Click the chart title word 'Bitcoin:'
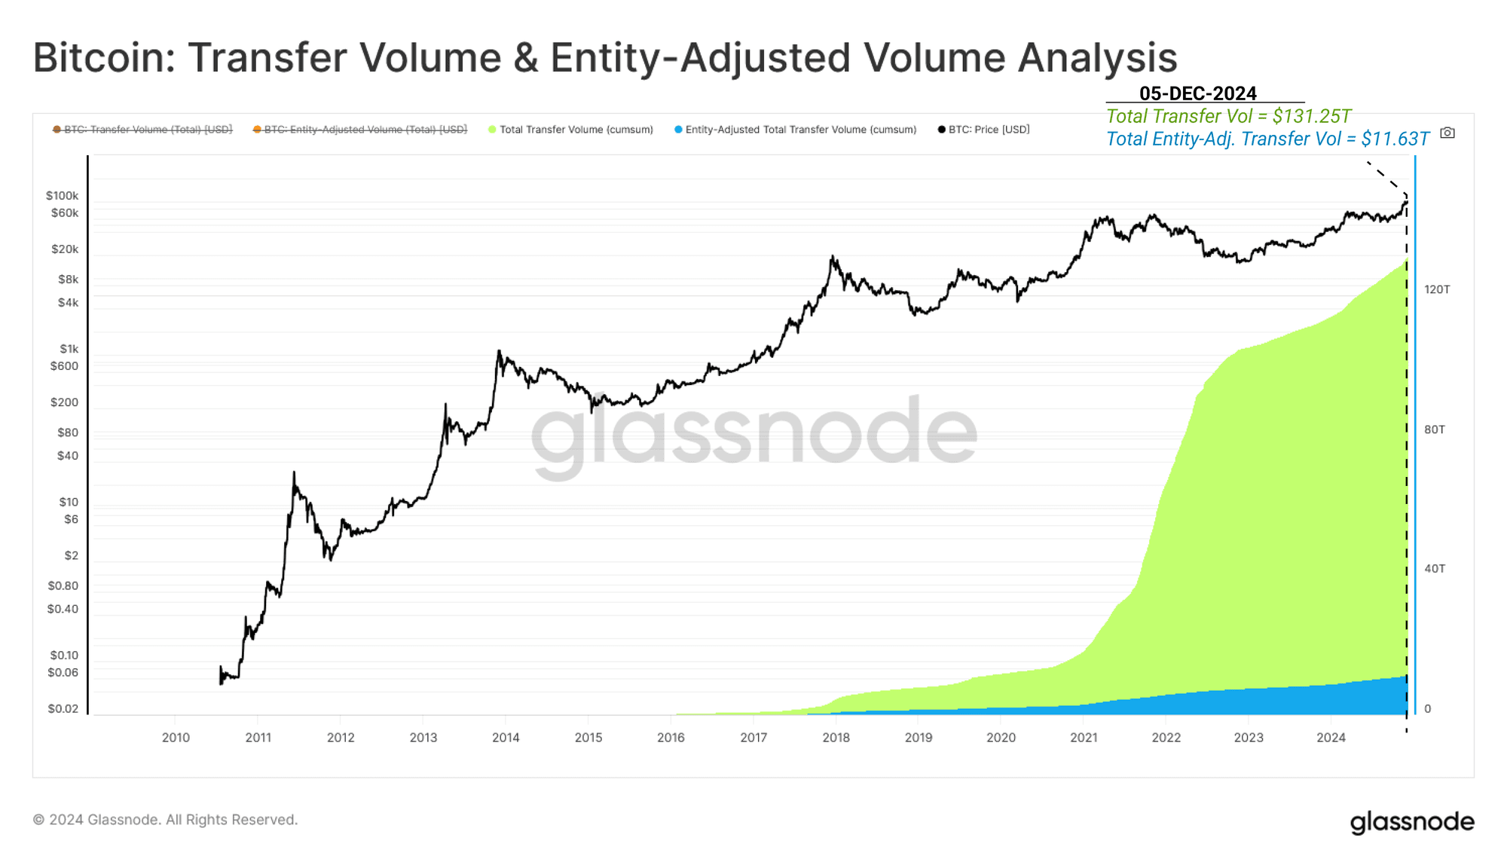(104, 58)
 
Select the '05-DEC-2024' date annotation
(1197, 93)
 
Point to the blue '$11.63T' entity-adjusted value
(1395, 139)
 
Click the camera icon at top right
(1447, 133)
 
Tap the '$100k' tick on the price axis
(62, 196)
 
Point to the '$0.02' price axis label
(63, 709)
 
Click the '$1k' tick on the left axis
(69, 349)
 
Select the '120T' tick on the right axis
(1436, 289)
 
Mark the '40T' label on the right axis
(1434, 569)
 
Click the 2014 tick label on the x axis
(506, 738)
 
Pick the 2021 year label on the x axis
(1084, 738)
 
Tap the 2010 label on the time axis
(176, 738)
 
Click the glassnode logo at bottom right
(1411, 822)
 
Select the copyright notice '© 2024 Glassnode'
(165, 820)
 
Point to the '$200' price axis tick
(64, 402)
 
